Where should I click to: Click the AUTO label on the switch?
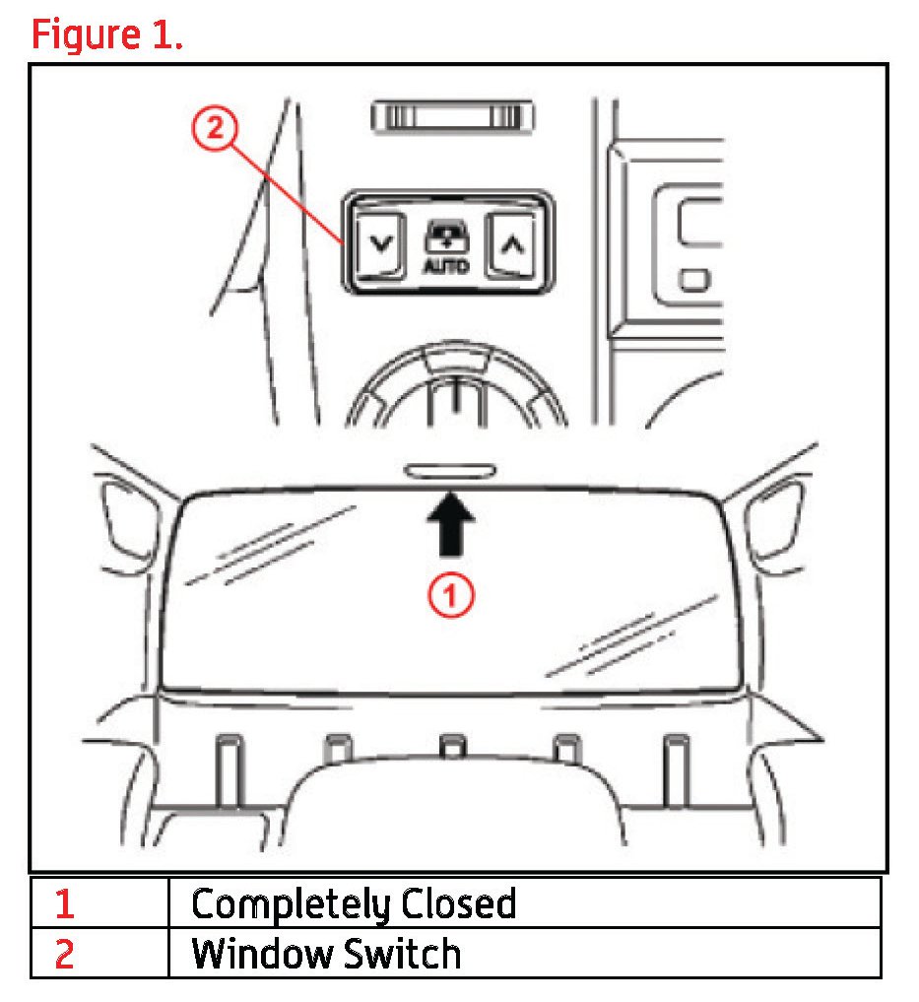(446, 266)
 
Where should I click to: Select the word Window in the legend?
(258, 953)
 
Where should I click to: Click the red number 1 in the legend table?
(64, 902)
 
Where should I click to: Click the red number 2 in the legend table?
(64, 954)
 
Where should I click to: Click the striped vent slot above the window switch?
(452, 117)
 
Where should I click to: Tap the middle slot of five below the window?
(451, 746)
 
